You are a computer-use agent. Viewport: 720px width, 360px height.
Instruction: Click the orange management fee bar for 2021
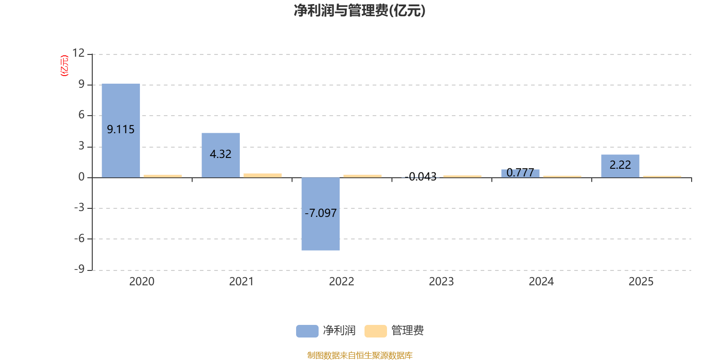pyautogui.click(x=262, y=175)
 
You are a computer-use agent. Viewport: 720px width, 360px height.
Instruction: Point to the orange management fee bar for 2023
pyautogui.click(x=462, y=176)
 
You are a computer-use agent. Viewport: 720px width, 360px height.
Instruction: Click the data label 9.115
pyautogui.click(x=121, y=130)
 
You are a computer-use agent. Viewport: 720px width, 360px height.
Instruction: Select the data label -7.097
pyautogui.click(x=320, y=213)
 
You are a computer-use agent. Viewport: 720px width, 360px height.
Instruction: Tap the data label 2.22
pyautogui.click(x=620, y=165)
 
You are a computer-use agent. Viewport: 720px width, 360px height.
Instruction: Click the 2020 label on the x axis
pyautogui.click(x=142, y=281)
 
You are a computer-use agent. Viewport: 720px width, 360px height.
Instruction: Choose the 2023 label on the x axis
pyautogui.click(x=441, y=281)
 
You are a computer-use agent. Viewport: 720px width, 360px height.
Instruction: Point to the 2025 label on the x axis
pyautogui.click(x=641, y=281)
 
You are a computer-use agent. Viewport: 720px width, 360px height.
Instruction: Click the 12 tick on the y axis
pyautogui.click(x=79, y=53)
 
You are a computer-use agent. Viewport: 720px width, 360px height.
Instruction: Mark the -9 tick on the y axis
pyautogui.click(x=79, y=269)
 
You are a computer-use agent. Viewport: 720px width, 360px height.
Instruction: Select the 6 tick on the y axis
pyautogui.click(x=81, y=115)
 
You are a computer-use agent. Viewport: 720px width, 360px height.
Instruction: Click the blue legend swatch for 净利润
pyautogui.click(x=307, y=331)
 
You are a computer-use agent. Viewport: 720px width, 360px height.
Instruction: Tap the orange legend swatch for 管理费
pyautogui.click(x=375, y=331)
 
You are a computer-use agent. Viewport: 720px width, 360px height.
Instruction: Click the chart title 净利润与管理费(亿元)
pyautogui.click(x=360, y=10)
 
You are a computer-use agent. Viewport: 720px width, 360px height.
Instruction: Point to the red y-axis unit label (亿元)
pyautogui.click(x=64, y=66)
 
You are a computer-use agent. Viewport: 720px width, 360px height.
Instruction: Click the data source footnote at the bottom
pyautogui.click(x=360, y=355)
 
